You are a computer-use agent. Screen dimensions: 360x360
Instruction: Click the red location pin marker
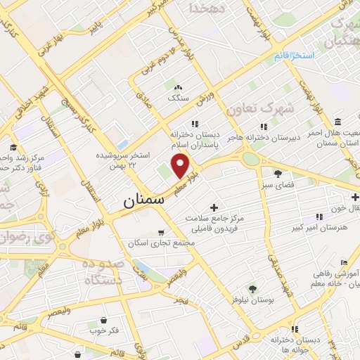coord(181,167)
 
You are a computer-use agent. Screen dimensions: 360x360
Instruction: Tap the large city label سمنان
coord(143,200)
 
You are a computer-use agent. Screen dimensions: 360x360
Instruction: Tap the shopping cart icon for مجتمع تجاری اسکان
coord(161,231)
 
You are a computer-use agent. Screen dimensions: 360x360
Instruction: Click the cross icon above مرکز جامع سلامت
coord(214,207)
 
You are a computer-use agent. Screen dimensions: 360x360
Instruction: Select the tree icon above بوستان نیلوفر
coord(252,288)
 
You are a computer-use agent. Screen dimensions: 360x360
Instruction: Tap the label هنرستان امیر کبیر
coord(321,229)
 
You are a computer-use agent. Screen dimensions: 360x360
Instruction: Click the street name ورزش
coord(205,101)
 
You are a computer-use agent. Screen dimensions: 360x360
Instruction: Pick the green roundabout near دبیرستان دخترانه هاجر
coord(250,158)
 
